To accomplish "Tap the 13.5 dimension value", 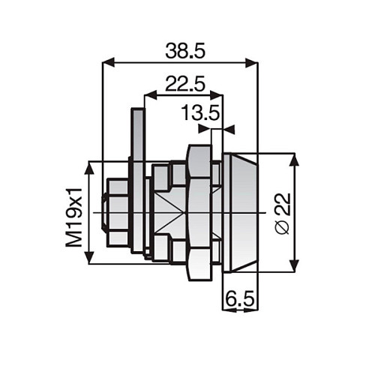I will (x=200, y=113).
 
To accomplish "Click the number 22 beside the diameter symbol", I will (x=282, y=203).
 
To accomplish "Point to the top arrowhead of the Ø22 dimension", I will (x=293, y=160).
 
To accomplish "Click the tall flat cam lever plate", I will (x=136, y=180).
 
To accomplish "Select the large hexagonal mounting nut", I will (x=198, y=212).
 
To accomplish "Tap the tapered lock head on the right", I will (x=240, y=212).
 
